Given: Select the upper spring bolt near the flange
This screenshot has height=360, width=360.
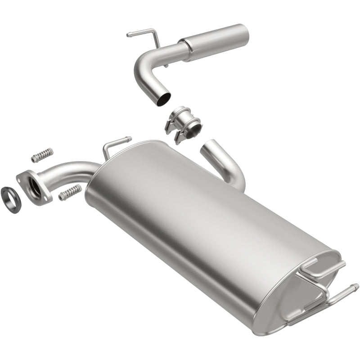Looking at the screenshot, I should click(42, 154).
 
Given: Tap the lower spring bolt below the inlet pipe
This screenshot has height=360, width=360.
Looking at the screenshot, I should click(70, 193).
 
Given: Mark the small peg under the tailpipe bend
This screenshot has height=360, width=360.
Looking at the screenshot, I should click(166, 66).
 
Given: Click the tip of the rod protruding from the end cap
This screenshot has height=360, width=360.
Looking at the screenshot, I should click(355, 286).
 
